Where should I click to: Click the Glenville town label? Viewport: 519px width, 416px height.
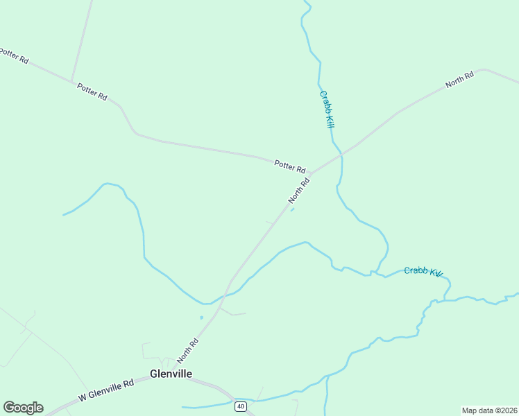tap(171, 374)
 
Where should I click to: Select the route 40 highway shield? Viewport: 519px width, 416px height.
tap(240, 406)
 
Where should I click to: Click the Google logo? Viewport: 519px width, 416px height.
tap(23, 408)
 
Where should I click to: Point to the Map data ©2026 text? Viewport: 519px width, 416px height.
tap(489, 410)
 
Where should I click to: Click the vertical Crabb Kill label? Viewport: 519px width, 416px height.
tap(327, 108)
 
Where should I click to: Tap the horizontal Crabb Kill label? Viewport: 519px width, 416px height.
tap(423, 272)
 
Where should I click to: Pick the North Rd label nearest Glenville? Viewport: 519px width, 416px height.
tap(187, 351)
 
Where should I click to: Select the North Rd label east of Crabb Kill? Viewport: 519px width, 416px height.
tap(459, 79)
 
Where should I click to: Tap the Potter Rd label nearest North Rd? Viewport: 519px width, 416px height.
tap(290, 166)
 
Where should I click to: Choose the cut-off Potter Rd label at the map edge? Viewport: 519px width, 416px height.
tap(13, 55)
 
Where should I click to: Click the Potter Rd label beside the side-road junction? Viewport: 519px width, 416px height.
tap(92, 92)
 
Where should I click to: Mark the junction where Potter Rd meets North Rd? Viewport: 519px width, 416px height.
tap(310, 173)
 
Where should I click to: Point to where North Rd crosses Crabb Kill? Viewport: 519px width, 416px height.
tap(341, 155)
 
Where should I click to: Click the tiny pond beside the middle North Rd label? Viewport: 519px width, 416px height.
tap(292, 211)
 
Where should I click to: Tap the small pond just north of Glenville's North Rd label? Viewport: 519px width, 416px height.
tap(201, 318)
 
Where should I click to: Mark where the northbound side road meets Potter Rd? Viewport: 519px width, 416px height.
tap(72, 80)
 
